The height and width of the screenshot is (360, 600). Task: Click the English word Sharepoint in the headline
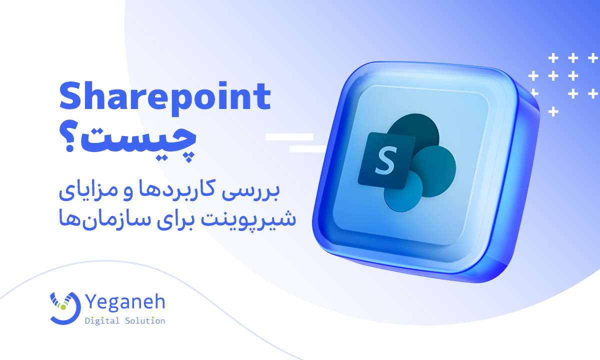tap(165, 98)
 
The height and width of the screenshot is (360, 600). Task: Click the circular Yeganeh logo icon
tap(65, 308)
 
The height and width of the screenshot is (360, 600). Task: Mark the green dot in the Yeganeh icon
tap(63, 307)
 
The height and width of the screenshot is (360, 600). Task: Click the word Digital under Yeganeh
tap(102, 321)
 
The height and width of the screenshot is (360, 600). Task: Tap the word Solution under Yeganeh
tap(145, 321)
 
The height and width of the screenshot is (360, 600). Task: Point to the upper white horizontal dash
tap(289, 137)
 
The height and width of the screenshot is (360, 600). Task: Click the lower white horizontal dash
tap(308, 149)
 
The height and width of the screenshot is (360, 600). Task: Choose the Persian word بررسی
tap(250, 191)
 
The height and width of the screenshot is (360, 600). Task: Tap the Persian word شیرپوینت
tap(248, 219)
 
